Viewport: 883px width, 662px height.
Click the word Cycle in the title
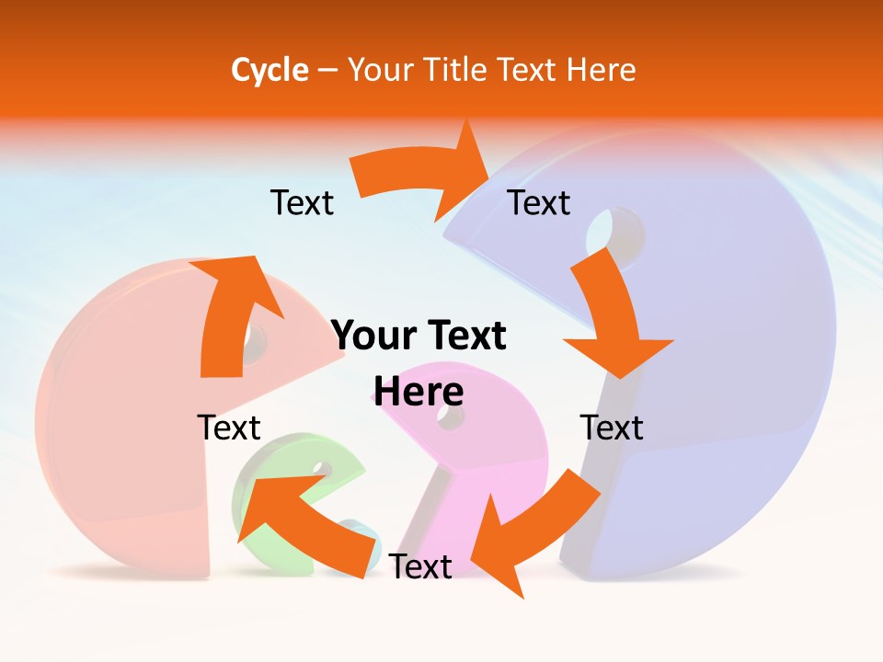(x=269, y=70)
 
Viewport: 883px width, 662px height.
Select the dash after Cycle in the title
(x=327, y=70)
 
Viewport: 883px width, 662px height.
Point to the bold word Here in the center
(x=419, y=392)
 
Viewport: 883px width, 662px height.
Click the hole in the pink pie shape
(x=451, y=416)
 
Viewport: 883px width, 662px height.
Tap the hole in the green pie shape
(x=321, y=469)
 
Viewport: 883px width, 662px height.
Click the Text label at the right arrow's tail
(x=302, y=202)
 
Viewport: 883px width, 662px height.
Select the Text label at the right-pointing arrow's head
(x=539, y=202)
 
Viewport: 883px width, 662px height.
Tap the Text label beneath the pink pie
(x=420, y=566)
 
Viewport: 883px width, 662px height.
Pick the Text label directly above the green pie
(x=229, y=428)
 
